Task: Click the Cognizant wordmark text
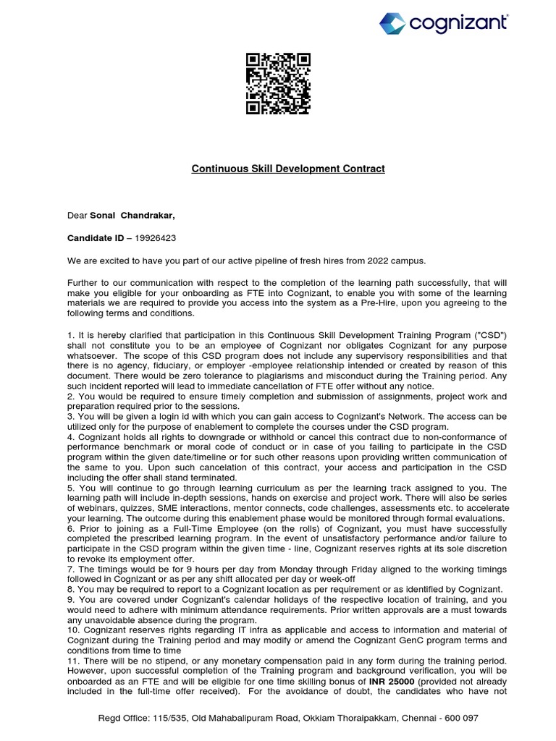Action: (x=458, y=23)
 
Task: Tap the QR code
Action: (x=278, y=84)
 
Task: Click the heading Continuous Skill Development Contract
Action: (x=287, y=169)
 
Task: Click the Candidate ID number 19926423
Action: (x=151, y=237)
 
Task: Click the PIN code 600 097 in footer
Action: (x=461, y=718)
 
